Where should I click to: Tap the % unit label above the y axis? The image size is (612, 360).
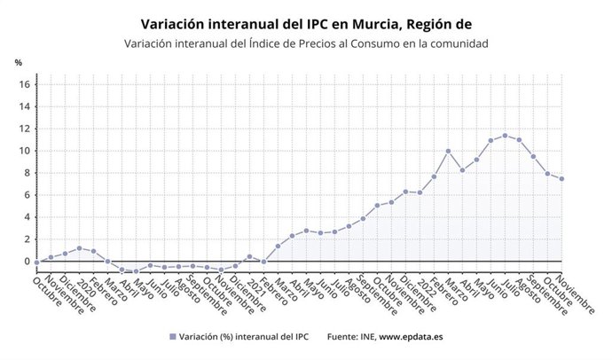point(18,63)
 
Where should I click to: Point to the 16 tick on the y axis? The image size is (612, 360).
point(25,84)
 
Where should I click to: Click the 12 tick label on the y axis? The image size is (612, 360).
point(25,129)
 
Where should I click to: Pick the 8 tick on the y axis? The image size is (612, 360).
point(27,173)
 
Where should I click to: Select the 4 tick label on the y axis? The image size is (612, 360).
point(27,217)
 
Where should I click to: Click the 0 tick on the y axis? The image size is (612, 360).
point(27,262)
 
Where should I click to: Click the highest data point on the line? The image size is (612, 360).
point(505,136)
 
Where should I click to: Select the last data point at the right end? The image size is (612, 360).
point(561,179)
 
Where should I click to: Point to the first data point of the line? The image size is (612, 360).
point(36,262)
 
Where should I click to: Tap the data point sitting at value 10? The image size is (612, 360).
point(448,151)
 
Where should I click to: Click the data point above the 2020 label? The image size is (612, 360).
point(79,248)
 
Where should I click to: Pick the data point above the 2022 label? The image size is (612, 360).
point(420,192)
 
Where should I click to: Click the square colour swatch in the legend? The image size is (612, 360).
point(171,337)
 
